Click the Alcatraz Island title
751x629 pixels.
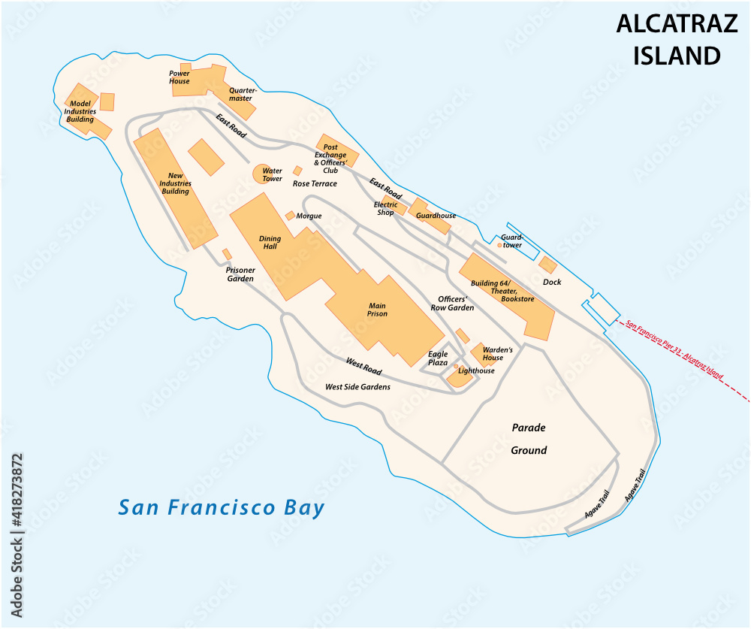click(668, 40)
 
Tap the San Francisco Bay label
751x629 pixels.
click(222, 508)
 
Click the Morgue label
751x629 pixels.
click(309, 216)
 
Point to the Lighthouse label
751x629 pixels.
click(476, 370)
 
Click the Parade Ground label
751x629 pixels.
click(529, 439)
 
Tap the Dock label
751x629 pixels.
click(552, 283)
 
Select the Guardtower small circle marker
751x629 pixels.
click(500, 245)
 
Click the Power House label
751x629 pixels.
click(179, 77)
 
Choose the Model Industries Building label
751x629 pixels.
click(80, 111)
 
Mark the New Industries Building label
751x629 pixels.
click(176, 183)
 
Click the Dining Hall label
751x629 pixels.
click(270, 243)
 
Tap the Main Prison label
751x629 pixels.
click(377, 310)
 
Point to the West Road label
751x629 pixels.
click(363, 367)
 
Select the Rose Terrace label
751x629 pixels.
click(315, 183)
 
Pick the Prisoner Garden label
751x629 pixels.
click(240, 274)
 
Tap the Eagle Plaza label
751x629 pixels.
click(438, 358)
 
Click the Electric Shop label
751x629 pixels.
click(385, 208)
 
